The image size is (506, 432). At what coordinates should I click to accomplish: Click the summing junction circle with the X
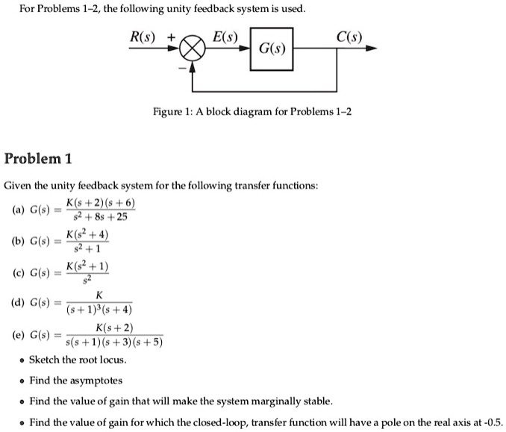(x=193, y=50)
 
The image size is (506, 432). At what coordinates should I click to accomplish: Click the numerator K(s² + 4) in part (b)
(x=87, y=235)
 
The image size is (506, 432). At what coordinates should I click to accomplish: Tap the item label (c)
(x=17, y=274)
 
